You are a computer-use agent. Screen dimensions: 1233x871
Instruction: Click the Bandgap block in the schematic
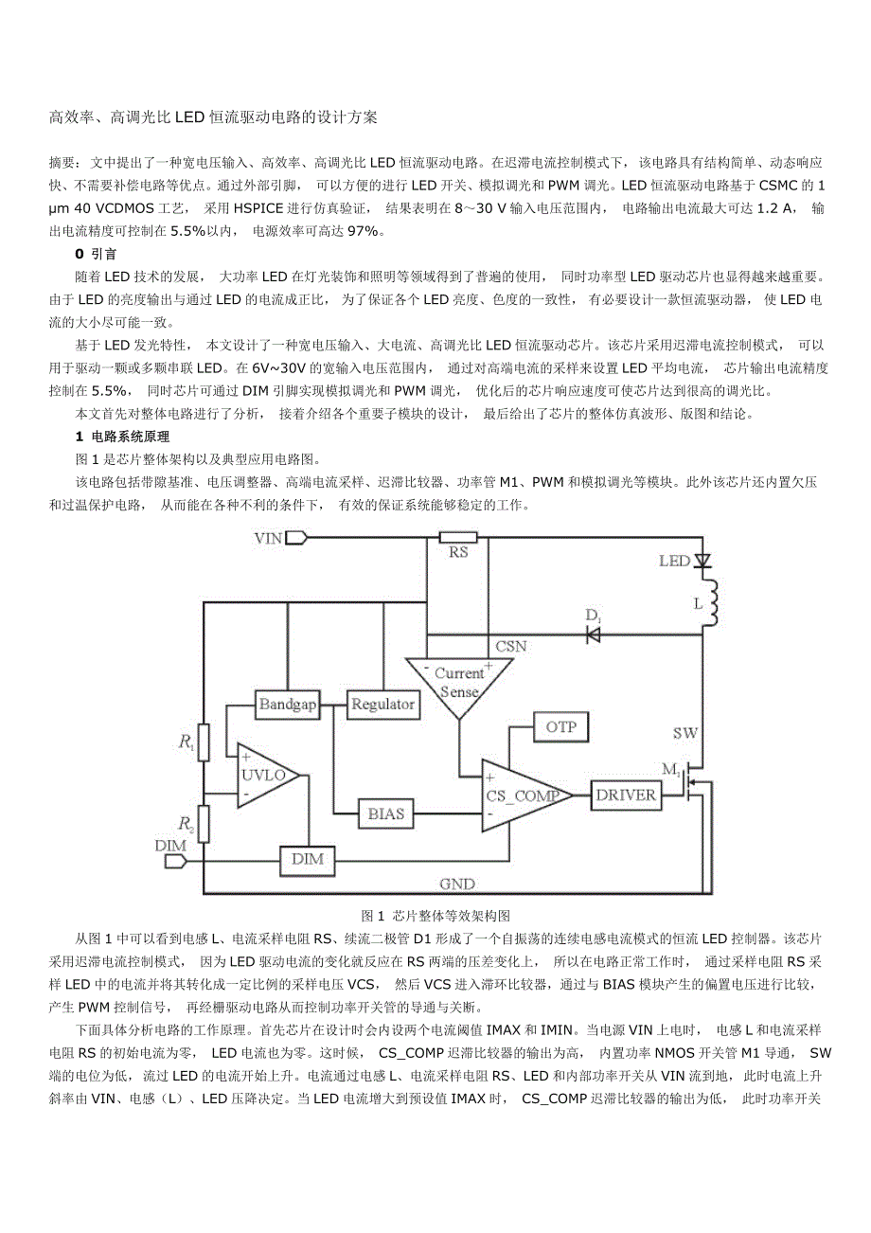coord(288,705)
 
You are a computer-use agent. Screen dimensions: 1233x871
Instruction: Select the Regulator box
coord(382,705)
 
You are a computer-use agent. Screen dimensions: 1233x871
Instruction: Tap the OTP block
coord(561,727)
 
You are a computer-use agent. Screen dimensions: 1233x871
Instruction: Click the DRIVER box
coord(626,795)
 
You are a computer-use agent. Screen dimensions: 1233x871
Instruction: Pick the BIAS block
coord(385,813)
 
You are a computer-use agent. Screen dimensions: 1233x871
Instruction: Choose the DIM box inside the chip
coord(307,859)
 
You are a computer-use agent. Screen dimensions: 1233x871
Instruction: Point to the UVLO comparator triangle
coord(262,776)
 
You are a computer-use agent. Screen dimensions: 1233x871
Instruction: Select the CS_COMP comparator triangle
coord(520,795)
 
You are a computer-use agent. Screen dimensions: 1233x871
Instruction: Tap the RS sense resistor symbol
coord(458,537)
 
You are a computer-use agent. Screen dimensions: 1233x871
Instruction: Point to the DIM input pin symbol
coord(174,861)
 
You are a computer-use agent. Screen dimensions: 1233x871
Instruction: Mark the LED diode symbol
coord(702,561)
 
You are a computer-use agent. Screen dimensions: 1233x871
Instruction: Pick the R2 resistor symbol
coord(204,825)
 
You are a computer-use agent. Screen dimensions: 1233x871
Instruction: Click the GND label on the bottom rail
coord(456,885)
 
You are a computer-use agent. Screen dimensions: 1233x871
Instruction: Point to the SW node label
coord(685,734)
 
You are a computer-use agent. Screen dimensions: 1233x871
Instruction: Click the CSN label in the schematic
coord(510,647)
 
